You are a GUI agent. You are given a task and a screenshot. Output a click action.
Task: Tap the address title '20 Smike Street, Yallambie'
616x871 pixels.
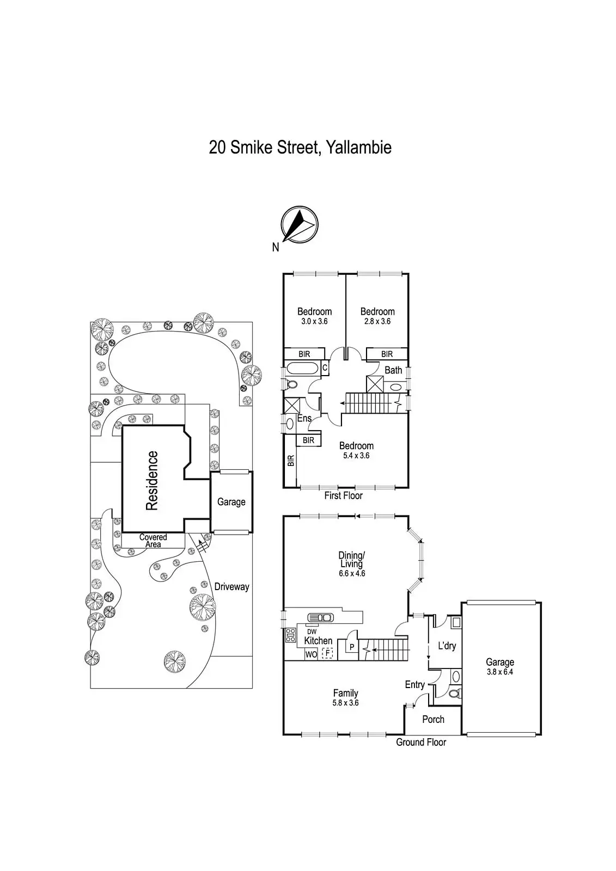point(300,148)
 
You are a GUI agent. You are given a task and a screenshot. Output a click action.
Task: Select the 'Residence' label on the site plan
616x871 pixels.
point(152,481)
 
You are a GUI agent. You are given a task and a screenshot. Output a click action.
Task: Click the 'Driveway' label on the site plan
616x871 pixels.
point(231,587)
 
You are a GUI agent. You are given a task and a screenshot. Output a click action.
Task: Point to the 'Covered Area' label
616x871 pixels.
point(153,541)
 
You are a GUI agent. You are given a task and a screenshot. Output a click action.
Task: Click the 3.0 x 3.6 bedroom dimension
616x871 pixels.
point(314,322)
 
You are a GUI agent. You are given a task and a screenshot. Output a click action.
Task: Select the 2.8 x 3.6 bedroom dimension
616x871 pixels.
point(377,322)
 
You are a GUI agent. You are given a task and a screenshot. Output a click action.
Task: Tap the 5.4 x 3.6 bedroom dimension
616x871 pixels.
point(356,456)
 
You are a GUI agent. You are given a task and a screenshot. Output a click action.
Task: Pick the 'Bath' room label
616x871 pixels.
point(393,370)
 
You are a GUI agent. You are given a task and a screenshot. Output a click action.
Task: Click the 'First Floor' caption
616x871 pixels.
point(343,496)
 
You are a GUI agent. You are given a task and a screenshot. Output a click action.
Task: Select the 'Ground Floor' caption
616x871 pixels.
point(420,743)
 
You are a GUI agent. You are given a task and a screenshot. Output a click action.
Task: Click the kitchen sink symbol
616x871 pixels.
point(320,617)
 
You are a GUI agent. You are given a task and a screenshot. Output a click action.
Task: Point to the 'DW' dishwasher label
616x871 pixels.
point(312,631)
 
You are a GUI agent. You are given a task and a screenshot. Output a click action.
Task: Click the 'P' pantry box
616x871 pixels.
point(352,647)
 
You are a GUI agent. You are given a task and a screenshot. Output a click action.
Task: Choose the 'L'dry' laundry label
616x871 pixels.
point(447,646)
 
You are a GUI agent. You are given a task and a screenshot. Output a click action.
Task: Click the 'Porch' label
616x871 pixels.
point(433,720)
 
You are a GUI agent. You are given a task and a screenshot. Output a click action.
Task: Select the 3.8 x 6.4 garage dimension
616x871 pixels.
point(499,672)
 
